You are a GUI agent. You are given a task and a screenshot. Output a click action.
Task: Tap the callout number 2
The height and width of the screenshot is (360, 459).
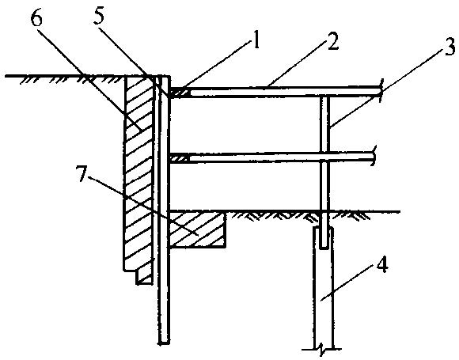[333, 41]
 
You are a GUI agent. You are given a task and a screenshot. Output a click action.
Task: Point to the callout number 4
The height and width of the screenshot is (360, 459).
[382, 265]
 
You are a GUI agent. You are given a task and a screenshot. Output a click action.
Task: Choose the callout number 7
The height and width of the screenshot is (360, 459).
[82, 173]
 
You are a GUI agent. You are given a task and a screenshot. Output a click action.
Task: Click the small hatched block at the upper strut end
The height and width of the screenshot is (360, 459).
[180, 93]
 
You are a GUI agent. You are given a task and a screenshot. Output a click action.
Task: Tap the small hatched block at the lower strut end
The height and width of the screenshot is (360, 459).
[178, 159]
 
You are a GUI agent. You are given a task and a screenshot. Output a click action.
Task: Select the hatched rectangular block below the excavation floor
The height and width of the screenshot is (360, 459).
[197, 229]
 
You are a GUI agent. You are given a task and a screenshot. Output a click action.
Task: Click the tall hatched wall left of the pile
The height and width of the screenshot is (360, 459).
[138, 176]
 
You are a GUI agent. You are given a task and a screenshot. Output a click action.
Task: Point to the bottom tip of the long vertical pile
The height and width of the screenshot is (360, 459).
[165, 343]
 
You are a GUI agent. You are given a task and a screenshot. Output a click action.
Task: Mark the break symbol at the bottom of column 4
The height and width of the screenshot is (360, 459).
[322, 349]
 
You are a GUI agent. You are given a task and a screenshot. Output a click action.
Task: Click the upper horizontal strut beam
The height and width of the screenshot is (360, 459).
[275, 92]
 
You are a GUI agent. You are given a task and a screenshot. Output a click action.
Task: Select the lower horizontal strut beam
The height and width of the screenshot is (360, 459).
[271, 157]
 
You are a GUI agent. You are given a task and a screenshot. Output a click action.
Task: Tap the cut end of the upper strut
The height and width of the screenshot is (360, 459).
[381, 91]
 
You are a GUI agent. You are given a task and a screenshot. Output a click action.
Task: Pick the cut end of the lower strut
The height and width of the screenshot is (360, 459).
[374, 156]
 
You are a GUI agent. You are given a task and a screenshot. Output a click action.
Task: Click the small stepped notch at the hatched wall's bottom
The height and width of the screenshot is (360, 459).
[144, 278]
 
